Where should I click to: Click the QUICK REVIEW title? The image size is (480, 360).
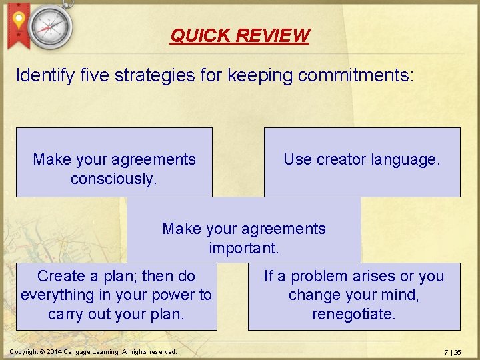(x=240, y=35)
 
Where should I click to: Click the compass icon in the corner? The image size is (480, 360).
(x=51, y=26)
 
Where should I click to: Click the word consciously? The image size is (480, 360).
(x=114, y=179)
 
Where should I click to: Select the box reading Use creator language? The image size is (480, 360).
(x=362, y=162)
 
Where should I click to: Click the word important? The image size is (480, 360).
(x=244, y=248)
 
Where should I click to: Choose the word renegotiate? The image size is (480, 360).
(x=354, y=313)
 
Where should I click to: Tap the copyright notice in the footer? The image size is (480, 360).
(x=93, y=351)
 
